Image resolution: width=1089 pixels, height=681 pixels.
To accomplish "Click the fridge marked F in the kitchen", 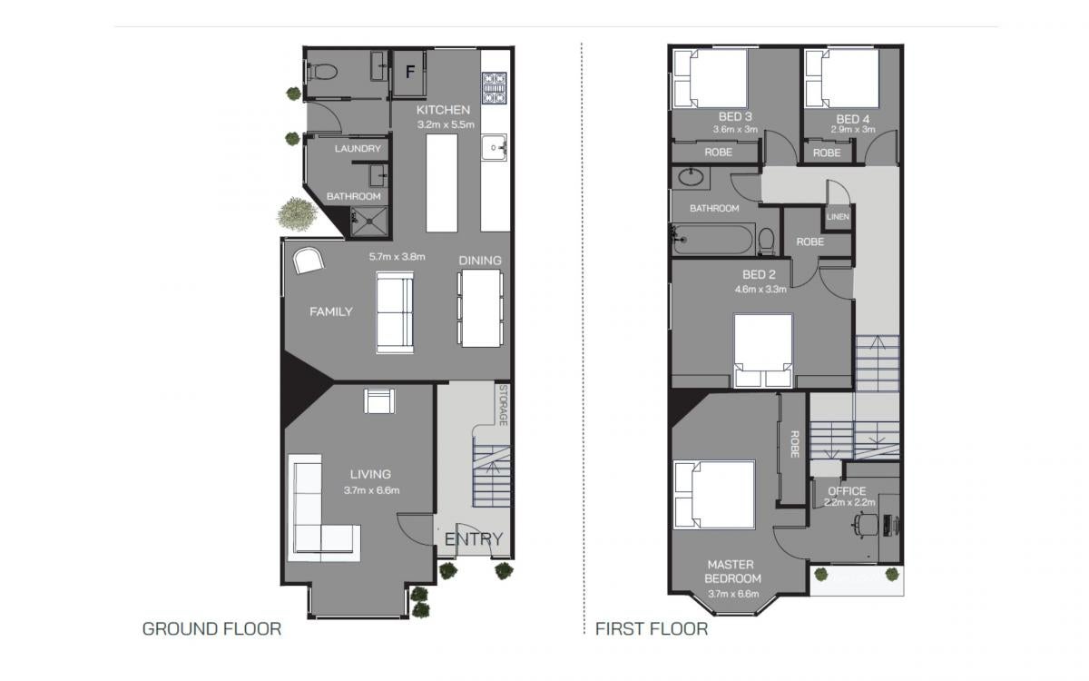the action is tap(409, 73).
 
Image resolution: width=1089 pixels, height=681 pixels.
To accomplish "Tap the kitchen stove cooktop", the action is tap(494, 88).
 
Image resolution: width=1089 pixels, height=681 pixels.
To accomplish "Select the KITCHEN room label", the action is tap(443, 110).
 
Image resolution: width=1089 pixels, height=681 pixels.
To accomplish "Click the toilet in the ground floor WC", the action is tap(322, 73).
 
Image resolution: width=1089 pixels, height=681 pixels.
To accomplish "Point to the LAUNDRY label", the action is tap(358, 148).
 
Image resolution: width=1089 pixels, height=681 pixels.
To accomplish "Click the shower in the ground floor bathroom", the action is tap(369, 222).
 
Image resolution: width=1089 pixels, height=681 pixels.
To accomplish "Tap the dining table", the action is tap(480, 309).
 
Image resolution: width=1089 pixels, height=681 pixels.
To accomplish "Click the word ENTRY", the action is tap(474, 539).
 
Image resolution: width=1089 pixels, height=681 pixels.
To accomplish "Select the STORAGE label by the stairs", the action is tap(504, 405).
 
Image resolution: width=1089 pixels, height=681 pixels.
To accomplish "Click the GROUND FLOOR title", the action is tap(212, 629).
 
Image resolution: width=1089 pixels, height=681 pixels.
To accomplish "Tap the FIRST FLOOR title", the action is tap(652, 629).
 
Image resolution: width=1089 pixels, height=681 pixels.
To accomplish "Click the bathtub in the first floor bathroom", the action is tap(712, 240).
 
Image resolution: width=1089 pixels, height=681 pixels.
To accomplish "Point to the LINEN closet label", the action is tap(838, 216).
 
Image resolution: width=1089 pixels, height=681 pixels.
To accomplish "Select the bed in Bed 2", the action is tap(763, 350).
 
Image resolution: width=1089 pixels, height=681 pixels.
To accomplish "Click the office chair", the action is tap(866, 526).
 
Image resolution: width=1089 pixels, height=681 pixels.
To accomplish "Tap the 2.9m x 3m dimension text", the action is tap(853, 129).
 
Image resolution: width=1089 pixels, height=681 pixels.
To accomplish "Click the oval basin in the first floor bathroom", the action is tap(691, 177).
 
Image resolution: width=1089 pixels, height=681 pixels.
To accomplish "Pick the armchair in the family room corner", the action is tap(309, 261).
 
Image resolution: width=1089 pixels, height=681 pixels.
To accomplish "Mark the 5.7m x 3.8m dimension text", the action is tap(397, 256).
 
